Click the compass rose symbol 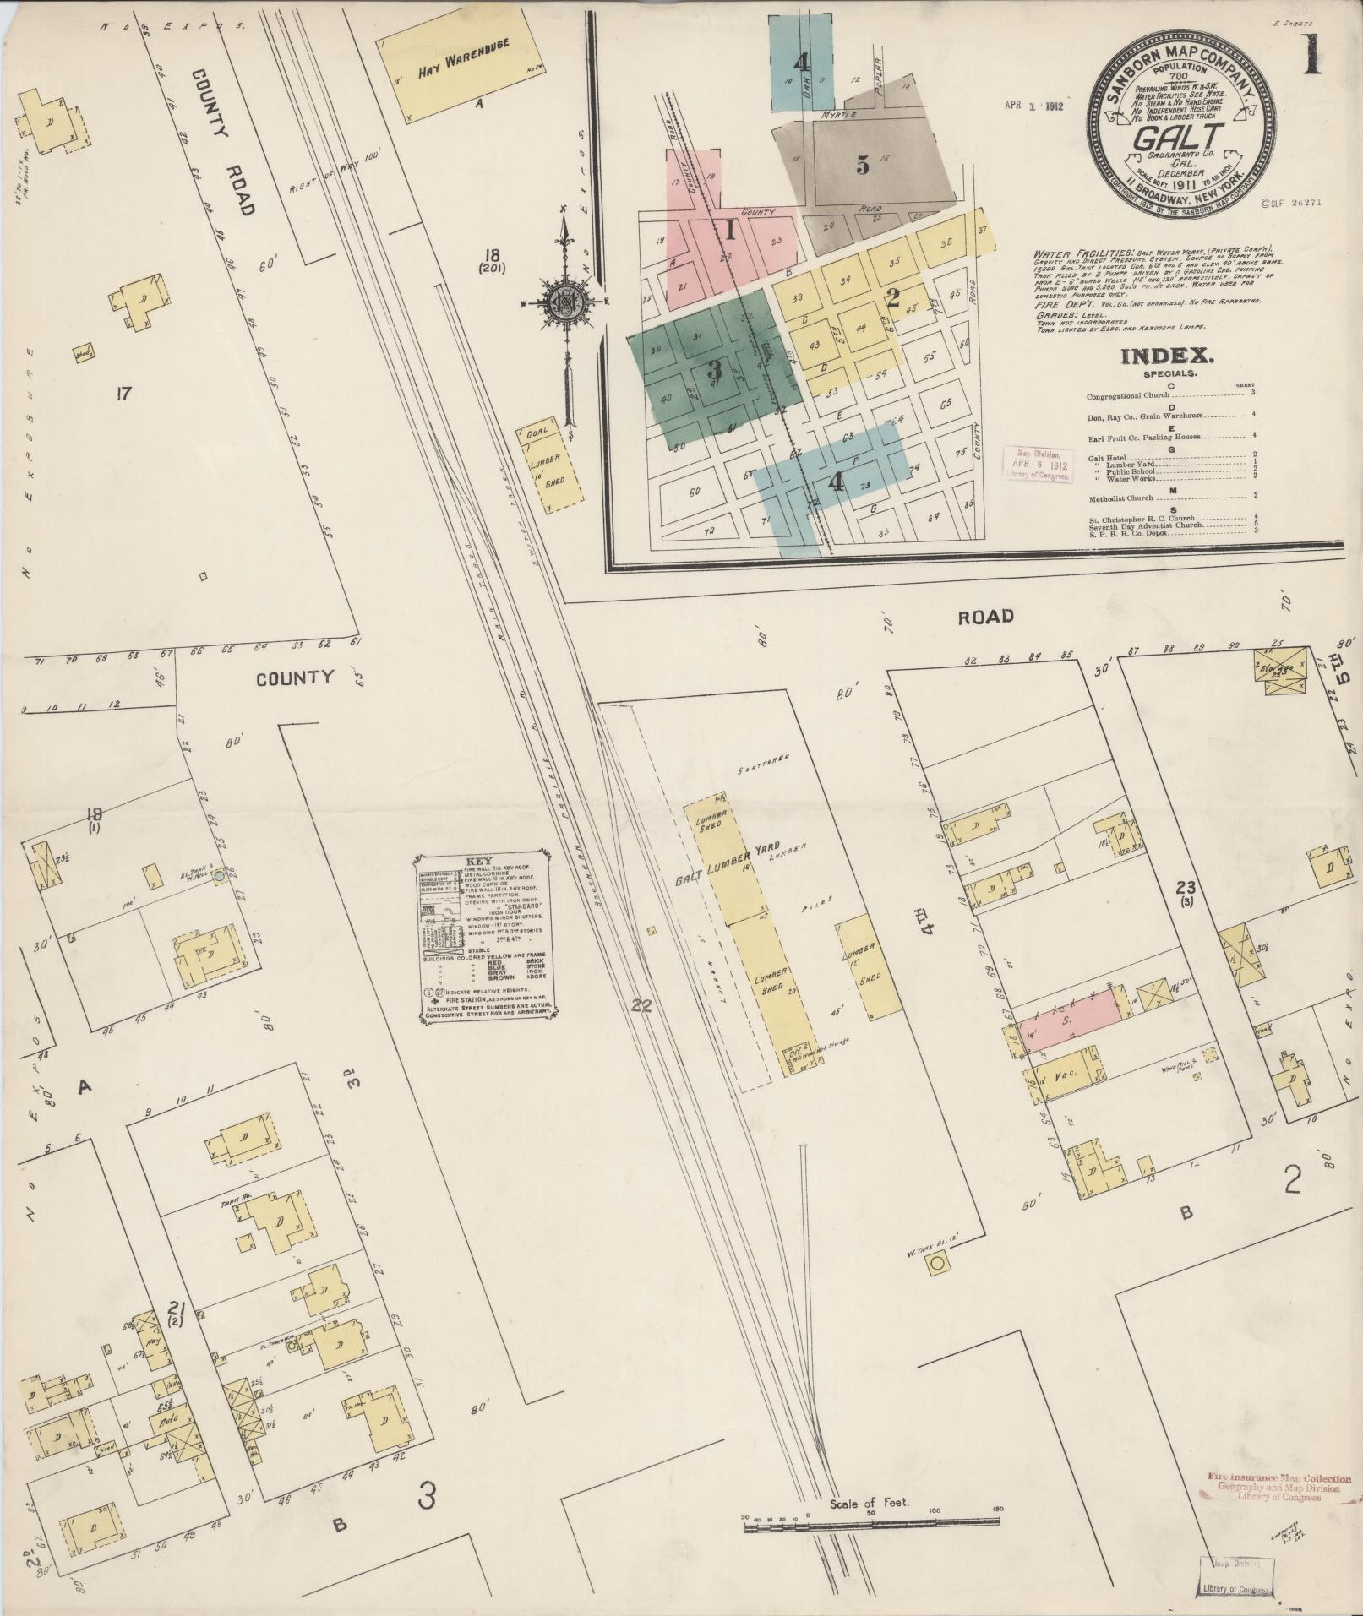(564, 302)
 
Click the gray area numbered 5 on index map (862, 165)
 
